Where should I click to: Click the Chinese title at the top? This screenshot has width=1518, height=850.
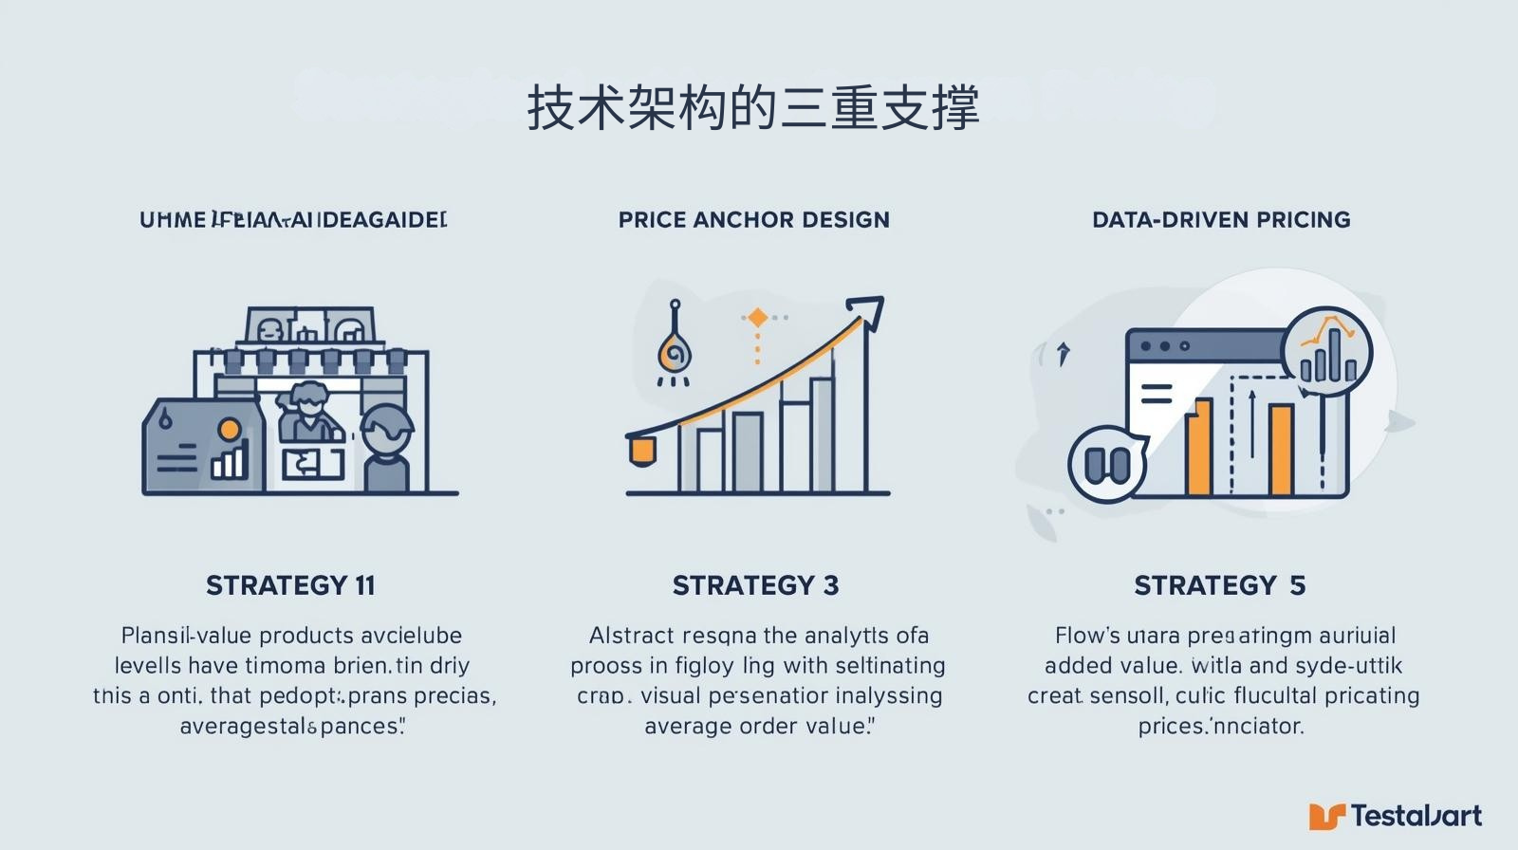(752, 107)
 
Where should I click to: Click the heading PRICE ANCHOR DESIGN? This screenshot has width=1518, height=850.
(754, 220)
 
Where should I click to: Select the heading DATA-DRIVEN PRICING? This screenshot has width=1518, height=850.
(1221, 220)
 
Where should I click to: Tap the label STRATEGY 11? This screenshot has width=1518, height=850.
(291, 585)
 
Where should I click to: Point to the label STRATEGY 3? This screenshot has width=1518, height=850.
(755, 585)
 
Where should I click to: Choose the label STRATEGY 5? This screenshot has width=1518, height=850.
(1220, 585)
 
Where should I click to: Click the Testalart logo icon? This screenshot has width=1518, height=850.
(1326, 816)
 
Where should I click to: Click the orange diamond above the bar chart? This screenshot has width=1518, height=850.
(757, 318)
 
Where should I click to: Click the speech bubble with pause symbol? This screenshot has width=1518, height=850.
(1107, 464)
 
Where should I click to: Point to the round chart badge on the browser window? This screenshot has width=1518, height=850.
(1326, 351)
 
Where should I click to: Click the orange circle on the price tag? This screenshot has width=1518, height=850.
(229, 430)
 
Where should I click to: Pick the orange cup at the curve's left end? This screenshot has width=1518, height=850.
(641, 450)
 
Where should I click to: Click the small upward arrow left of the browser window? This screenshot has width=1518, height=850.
(1064, 353)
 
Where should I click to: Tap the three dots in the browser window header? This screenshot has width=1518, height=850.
(1165, 346)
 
